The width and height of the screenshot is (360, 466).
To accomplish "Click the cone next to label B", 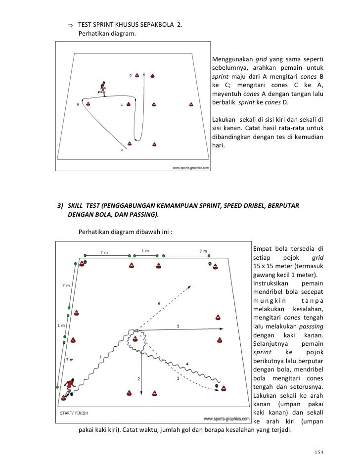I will click(x=88, y=104).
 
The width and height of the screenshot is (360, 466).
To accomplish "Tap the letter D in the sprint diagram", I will click(x=130, y=76).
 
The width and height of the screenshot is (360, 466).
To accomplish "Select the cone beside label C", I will click(x=129, y=104).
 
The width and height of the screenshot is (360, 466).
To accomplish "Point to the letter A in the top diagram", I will click(x=123, y=150).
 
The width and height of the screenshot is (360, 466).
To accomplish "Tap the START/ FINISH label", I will click(x=74, y=412).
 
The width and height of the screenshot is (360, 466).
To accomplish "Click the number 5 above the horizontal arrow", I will click(x=178, y=326).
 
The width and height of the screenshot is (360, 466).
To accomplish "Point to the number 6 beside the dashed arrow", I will click(x=159, y=303).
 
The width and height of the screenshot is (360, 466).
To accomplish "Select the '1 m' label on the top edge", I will click(x=145, y=251).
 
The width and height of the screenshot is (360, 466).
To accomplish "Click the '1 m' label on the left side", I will click(x=60, y=326).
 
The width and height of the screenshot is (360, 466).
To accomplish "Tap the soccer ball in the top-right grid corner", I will click(x=210, y=264).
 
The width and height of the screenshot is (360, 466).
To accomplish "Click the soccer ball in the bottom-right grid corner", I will click(x=217, y=385).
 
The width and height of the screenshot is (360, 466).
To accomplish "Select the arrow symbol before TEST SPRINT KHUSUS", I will click(x=70, y=25).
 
